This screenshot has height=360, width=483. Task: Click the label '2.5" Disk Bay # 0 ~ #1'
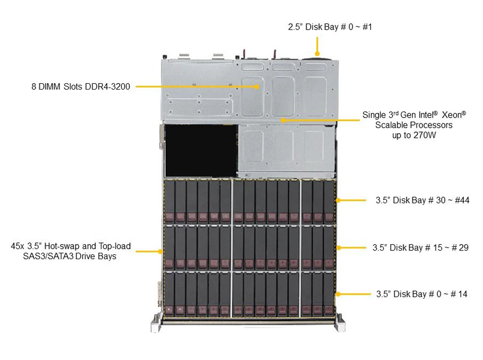click(x=330, y=27)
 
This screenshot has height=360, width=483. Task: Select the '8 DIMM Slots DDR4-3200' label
click(x=80, y=86)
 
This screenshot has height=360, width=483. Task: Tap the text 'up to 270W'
click(x=414, y=135)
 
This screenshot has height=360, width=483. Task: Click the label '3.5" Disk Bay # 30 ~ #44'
click(x=422, y=200)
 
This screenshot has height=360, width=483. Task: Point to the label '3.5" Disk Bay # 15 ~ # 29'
click(x=420, y=247)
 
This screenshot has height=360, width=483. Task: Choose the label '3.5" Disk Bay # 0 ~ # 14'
click(x=422, y=294)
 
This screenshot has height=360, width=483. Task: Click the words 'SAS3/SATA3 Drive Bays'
click(x=70, y=256)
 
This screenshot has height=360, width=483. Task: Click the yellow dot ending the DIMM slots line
click(x=257, y=87)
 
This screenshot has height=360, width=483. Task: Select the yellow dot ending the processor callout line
click(x=283, y=120)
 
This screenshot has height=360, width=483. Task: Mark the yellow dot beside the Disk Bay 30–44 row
click(x=338, y=200)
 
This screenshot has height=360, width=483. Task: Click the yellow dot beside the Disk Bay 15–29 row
click(x=338, y=247)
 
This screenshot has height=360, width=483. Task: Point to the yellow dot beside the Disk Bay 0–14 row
click(x=338, y=294)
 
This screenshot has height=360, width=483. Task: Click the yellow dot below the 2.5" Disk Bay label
click(x=318, y=54)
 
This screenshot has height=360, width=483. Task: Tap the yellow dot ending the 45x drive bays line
click(x=160, y=251)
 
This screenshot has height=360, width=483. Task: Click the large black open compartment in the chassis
click(x=201, y=151)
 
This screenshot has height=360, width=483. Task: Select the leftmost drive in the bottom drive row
click(x=169, y=294)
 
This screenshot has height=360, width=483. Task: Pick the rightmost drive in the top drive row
click(x=328, y=201)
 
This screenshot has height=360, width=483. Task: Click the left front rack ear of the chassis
click(x=156, y=323)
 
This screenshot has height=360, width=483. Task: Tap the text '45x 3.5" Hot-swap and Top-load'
click(x=71, y=246)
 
